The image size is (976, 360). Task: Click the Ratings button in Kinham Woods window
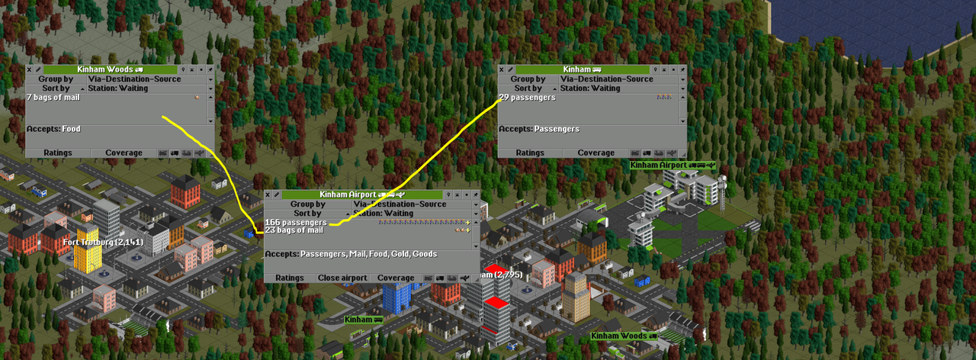pos(58,153)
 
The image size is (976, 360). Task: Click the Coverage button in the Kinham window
pos(596,153)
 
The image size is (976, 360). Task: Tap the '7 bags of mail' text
pos(53,98)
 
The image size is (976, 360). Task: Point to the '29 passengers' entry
pos(528,98)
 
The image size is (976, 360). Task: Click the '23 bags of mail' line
pos(294,230)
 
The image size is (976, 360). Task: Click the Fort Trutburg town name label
pos(102,242)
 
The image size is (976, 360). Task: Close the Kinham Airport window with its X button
pos(268,195)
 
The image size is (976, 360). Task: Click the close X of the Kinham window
pos(502,69)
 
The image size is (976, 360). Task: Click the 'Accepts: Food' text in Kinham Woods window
pos(53,129)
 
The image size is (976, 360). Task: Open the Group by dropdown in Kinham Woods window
pos(142,79)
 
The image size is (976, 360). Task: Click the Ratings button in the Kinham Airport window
pos(290,278)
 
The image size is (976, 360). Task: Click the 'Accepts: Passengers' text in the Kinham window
pos(539,129)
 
